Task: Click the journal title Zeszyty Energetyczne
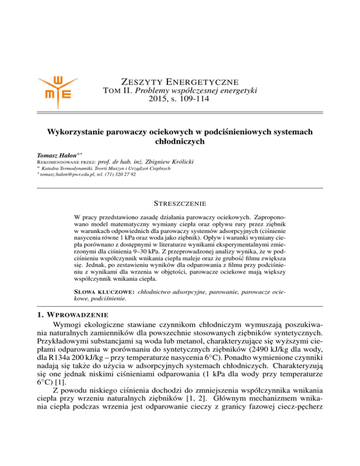(x=180, y=82)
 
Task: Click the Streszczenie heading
(x=180, y=204)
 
